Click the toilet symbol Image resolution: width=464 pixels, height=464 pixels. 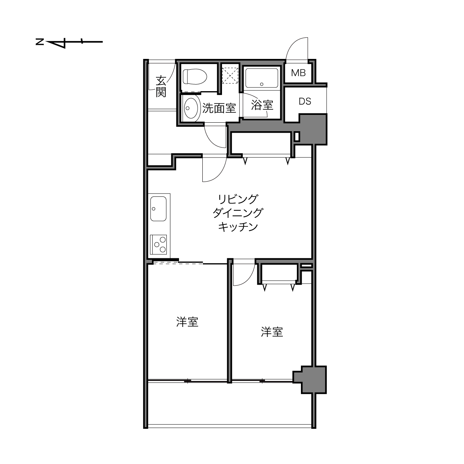195,77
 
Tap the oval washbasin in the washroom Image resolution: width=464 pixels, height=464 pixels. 191,108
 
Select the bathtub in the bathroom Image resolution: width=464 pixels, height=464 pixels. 262,78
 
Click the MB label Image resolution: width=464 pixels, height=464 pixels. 298,73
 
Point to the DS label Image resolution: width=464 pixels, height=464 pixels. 305,102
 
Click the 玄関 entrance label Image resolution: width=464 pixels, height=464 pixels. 161,86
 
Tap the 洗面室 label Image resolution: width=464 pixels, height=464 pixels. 219,108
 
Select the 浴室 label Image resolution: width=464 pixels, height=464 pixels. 262,105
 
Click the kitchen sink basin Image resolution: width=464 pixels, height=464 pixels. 158,209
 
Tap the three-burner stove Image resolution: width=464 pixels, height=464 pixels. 159,245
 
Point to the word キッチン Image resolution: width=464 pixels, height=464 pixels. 238,227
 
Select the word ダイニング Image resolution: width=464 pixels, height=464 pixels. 238,213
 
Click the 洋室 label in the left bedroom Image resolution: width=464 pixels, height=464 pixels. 187,322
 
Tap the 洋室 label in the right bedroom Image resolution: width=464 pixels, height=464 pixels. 272,332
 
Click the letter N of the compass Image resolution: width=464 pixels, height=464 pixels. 40,42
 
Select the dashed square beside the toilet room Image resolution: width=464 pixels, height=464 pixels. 230,76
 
